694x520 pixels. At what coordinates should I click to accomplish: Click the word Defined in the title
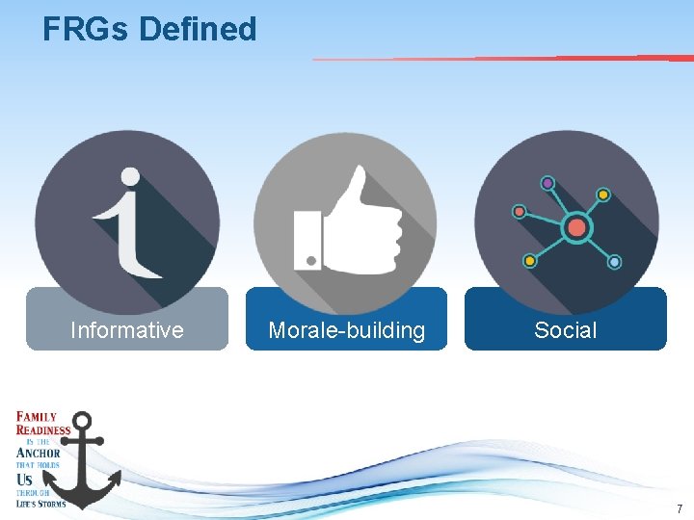[198, 29]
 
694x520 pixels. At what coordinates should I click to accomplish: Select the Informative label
[127, 330]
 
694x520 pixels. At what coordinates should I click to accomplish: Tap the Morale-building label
[346, 330]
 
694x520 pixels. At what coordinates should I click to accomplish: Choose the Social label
[566, 330]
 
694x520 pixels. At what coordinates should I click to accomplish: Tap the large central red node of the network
[576, 227]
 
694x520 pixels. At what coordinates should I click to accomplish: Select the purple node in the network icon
[547, 183]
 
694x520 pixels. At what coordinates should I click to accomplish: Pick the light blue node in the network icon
[614, 262]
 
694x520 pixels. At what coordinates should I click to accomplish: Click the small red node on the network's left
[520, 211]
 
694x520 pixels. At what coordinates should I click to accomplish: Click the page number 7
[679, 508]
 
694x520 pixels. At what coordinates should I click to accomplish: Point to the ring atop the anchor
[83, 422]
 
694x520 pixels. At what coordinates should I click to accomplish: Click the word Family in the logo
[37, 417]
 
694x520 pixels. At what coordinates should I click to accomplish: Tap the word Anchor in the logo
[39, 453]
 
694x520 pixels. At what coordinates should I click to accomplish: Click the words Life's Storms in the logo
[41, 503]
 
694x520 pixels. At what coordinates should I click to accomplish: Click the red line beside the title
[501, 59]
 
